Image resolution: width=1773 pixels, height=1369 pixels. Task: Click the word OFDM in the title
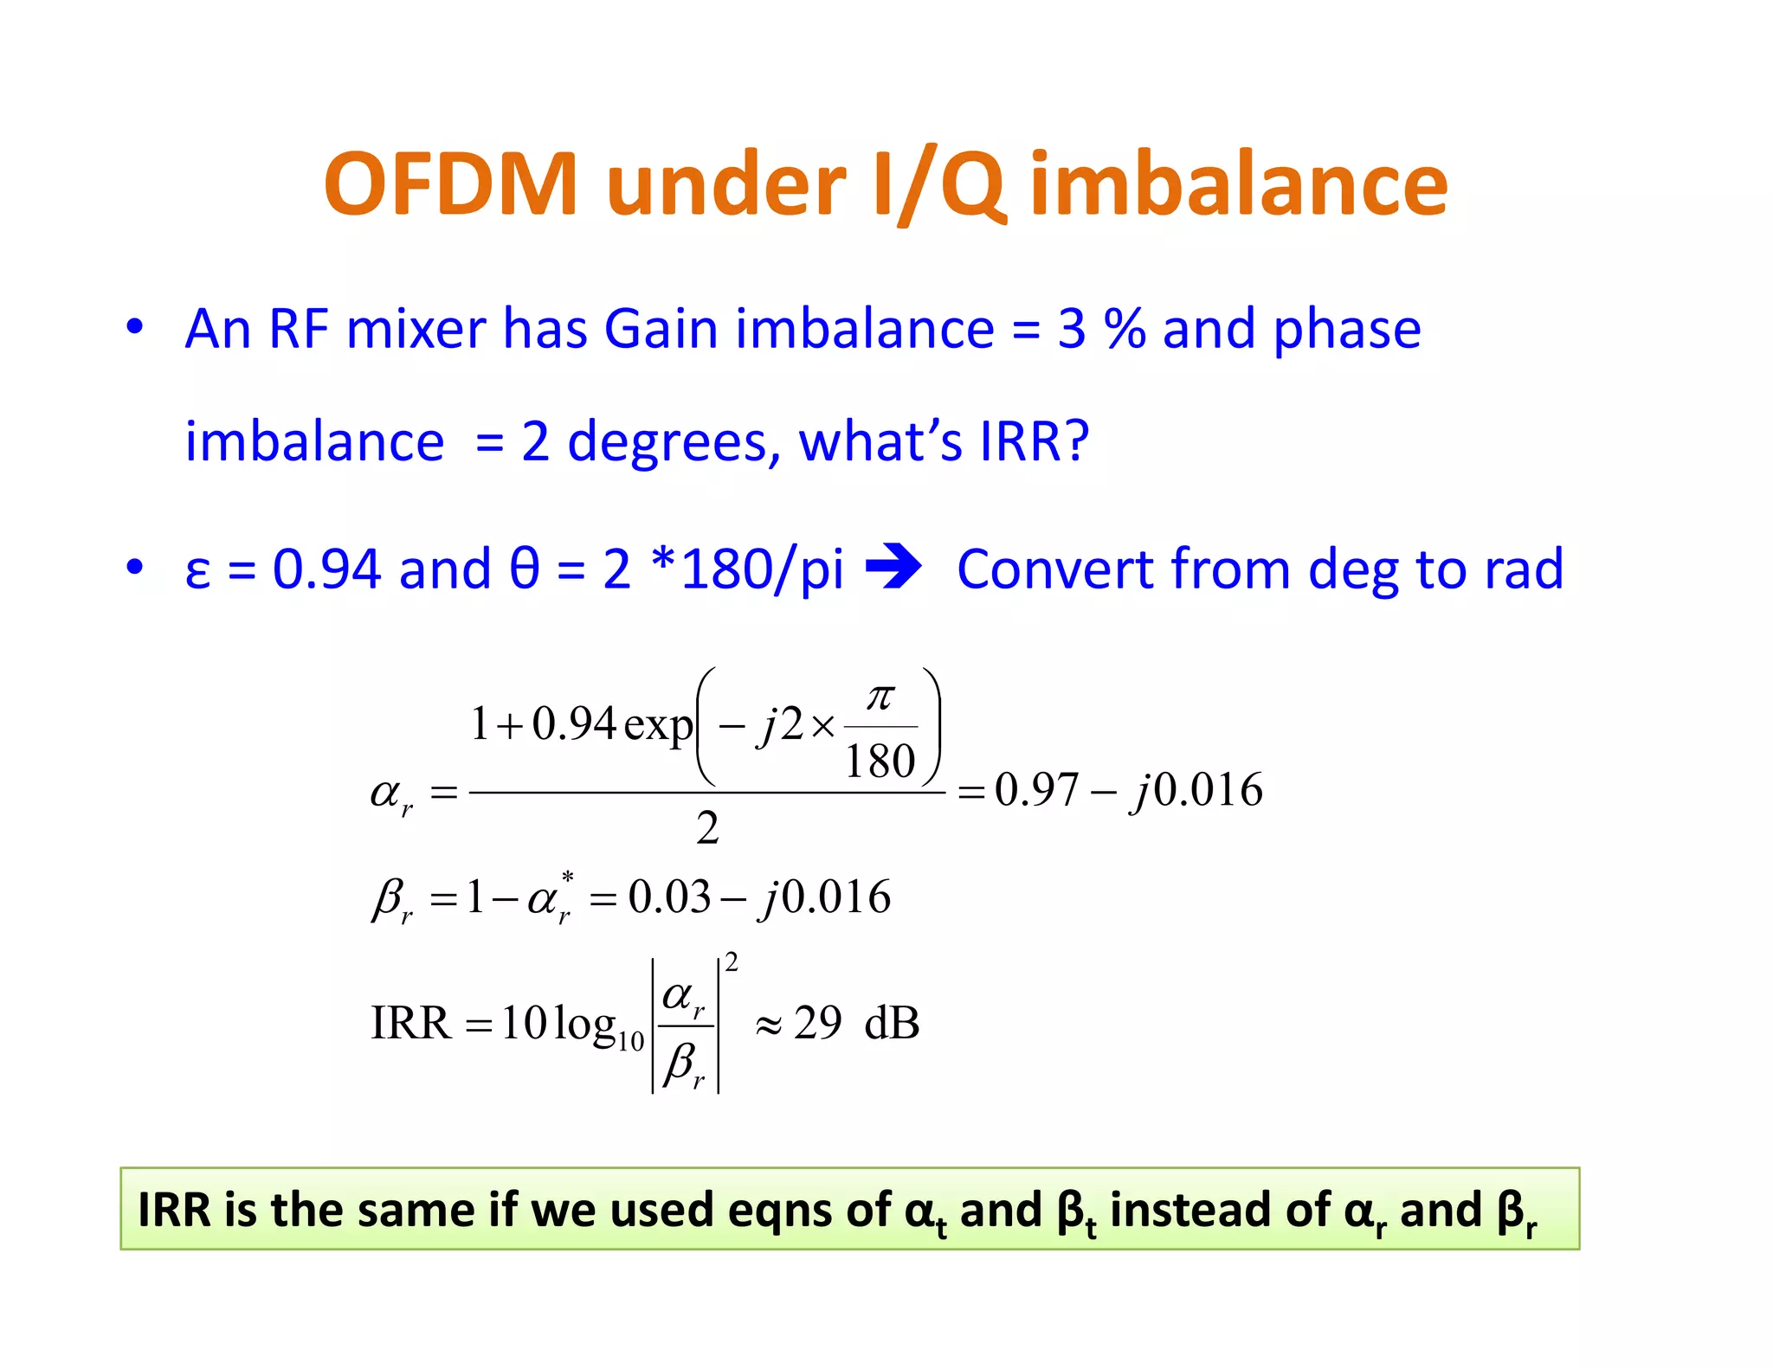(450, 184)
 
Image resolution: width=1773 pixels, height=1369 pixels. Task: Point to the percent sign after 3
(1125, 330)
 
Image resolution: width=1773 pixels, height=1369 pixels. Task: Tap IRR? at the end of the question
(1034, 442)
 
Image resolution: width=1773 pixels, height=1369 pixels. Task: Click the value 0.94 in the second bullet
(326, 570)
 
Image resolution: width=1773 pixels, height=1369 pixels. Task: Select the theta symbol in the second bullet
(524, 570)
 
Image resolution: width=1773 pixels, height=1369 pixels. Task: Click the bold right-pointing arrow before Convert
(894, 569)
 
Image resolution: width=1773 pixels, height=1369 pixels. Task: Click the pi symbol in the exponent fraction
(880, 697)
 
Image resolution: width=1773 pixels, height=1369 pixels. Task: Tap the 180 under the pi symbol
(880, 762)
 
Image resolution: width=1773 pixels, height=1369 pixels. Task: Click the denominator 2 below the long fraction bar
(707, 829)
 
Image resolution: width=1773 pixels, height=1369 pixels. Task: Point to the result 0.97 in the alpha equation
(1036, 790)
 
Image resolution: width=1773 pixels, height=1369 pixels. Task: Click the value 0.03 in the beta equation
(669, 897)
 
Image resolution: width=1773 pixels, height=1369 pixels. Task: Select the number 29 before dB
(817, 1024)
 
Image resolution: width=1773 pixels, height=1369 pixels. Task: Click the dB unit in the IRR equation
(892, 1024)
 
